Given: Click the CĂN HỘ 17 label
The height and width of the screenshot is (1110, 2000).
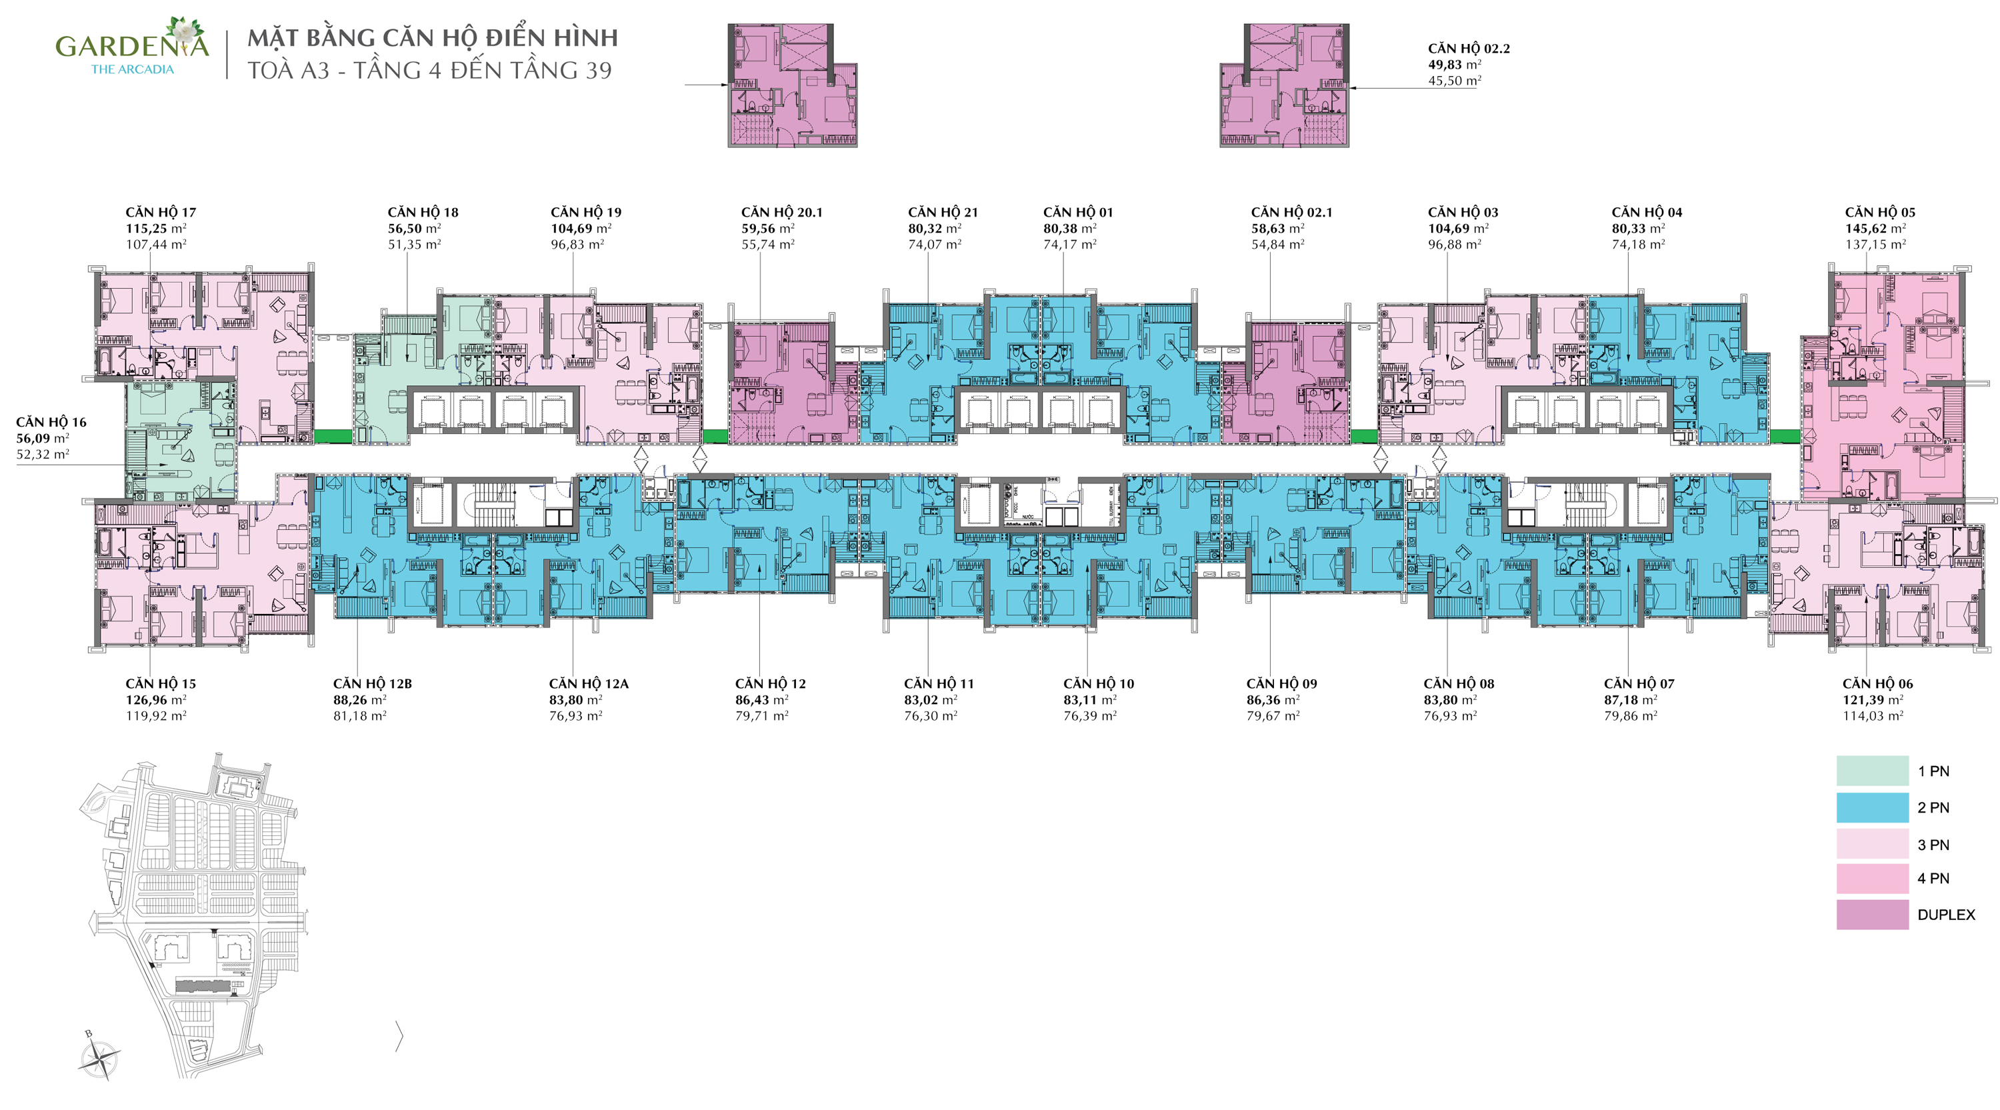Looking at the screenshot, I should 161,212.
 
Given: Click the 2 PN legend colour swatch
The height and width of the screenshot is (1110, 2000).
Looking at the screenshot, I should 1872,807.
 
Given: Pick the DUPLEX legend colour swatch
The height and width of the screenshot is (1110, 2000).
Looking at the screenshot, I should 1872,915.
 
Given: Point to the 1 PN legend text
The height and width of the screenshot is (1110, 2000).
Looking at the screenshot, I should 1933,771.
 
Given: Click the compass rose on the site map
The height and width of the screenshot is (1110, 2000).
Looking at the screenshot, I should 100,1057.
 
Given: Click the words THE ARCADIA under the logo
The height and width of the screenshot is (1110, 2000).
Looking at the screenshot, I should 133,69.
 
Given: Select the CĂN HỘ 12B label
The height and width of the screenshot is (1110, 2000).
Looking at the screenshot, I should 373,684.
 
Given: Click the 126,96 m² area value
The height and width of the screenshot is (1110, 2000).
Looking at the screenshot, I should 156,699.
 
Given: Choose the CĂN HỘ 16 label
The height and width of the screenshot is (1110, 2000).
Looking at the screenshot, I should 51,422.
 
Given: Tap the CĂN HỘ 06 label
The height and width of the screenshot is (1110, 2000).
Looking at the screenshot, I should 1877,684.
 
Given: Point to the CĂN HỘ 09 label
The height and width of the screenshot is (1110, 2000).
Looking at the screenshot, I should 1282,684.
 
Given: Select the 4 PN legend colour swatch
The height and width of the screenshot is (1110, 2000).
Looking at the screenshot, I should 1872,879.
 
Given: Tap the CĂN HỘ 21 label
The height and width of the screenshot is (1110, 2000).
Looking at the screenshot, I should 943,212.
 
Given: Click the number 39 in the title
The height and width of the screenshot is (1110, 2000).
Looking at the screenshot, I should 599,71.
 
